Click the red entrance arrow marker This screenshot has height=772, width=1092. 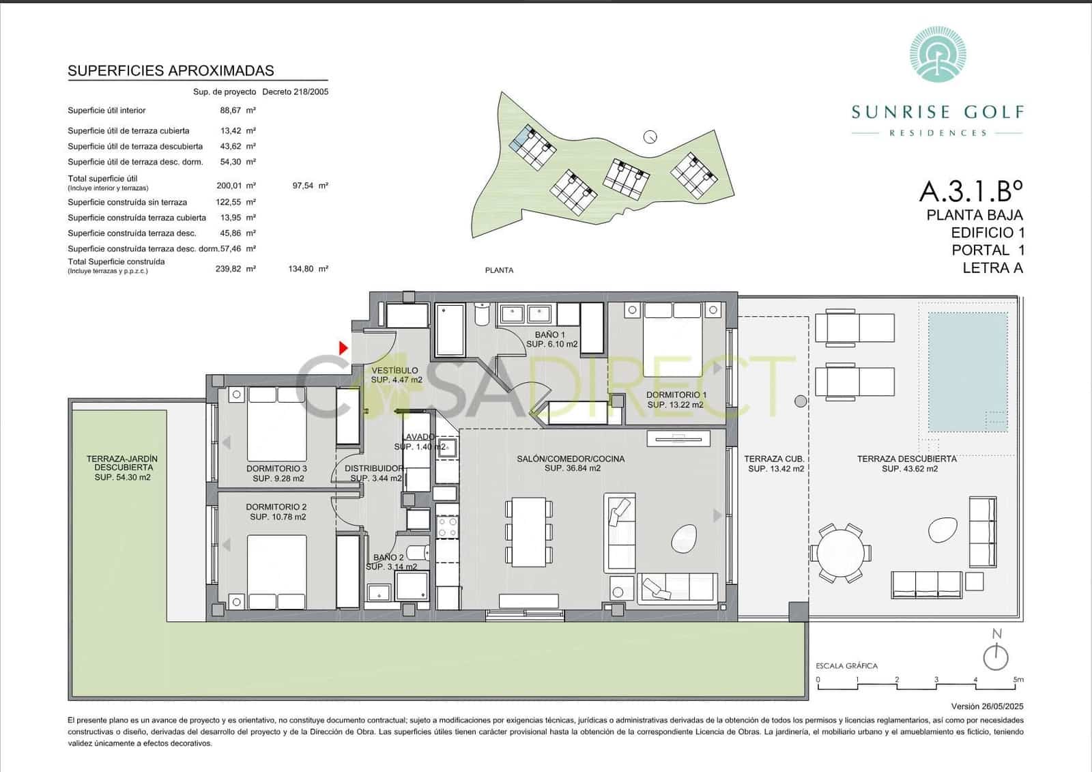pos(343,348)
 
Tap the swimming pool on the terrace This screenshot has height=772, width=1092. pos(968,372)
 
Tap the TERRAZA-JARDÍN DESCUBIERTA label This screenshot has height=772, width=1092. pos(122,468)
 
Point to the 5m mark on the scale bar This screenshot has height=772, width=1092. pos(1018,680)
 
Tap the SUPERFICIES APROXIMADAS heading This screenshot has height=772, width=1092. pos(171,70)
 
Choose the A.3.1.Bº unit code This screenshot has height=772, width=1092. pos(971,191)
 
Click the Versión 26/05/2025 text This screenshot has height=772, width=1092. pos(987,706)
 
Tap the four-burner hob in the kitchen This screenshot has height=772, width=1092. pos(448,526)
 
